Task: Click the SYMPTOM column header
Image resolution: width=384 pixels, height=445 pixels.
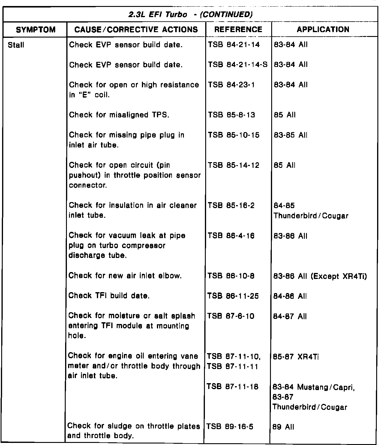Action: tap(36, 29)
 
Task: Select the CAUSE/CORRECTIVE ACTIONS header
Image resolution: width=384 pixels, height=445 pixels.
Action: tap(136, 29)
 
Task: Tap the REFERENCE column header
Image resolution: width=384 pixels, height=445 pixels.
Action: tap(238, 29)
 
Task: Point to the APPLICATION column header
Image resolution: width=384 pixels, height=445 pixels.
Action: tap(323, 29)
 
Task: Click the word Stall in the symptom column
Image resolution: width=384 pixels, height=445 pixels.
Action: tap(16, 45)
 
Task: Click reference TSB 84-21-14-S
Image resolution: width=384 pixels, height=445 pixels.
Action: tap(238, 65)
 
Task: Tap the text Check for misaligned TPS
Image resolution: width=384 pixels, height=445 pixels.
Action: tap(119, 115)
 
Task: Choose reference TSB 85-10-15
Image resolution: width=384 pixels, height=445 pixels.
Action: tap(234, 135)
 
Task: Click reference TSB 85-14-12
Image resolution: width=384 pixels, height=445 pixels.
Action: tap(234, 165)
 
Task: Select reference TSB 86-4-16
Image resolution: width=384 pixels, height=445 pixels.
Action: tap(231, 236)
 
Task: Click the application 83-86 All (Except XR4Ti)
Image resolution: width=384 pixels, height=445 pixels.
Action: tap(320, 276)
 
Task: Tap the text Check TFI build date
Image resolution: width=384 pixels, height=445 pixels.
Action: tap(109, 296)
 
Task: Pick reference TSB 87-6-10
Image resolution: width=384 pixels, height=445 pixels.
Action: tap(231, 316)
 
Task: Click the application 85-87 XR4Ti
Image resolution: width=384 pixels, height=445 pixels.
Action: tap(296, 357)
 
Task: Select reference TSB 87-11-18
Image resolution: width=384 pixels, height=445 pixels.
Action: tap(233, 387)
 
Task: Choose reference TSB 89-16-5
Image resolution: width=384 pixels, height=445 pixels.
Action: tap(230, 427)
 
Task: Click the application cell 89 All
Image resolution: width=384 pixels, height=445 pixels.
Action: tap(283, 427)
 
